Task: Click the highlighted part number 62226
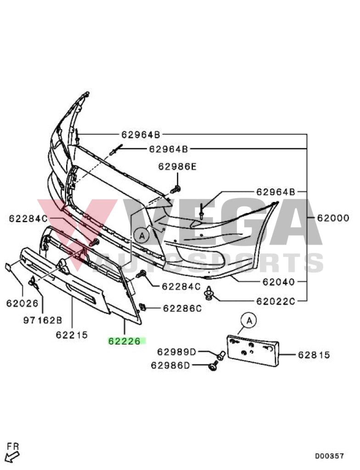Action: click(x=126, y=341)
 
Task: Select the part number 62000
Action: click(x=333, y=218)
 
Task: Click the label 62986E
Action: click(x=177, y=167)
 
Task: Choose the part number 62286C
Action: click(x=181, y=308)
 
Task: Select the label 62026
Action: click(x=22, y=303)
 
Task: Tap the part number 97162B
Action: click(x=42, y=320)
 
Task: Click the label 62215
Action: click(x=72, y=335)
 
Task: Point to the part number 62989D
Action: click(x=176, y=352)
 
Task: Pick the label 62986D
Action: click(x=170, y=365)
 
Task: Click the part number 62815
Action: click(x=314, y=355)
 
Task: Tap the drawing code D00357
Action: click(x=329, y=456)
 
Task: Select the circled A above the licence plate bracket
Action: click(x=248, y=320)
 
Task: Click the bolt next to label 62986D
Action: click(x=213, y=366)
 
